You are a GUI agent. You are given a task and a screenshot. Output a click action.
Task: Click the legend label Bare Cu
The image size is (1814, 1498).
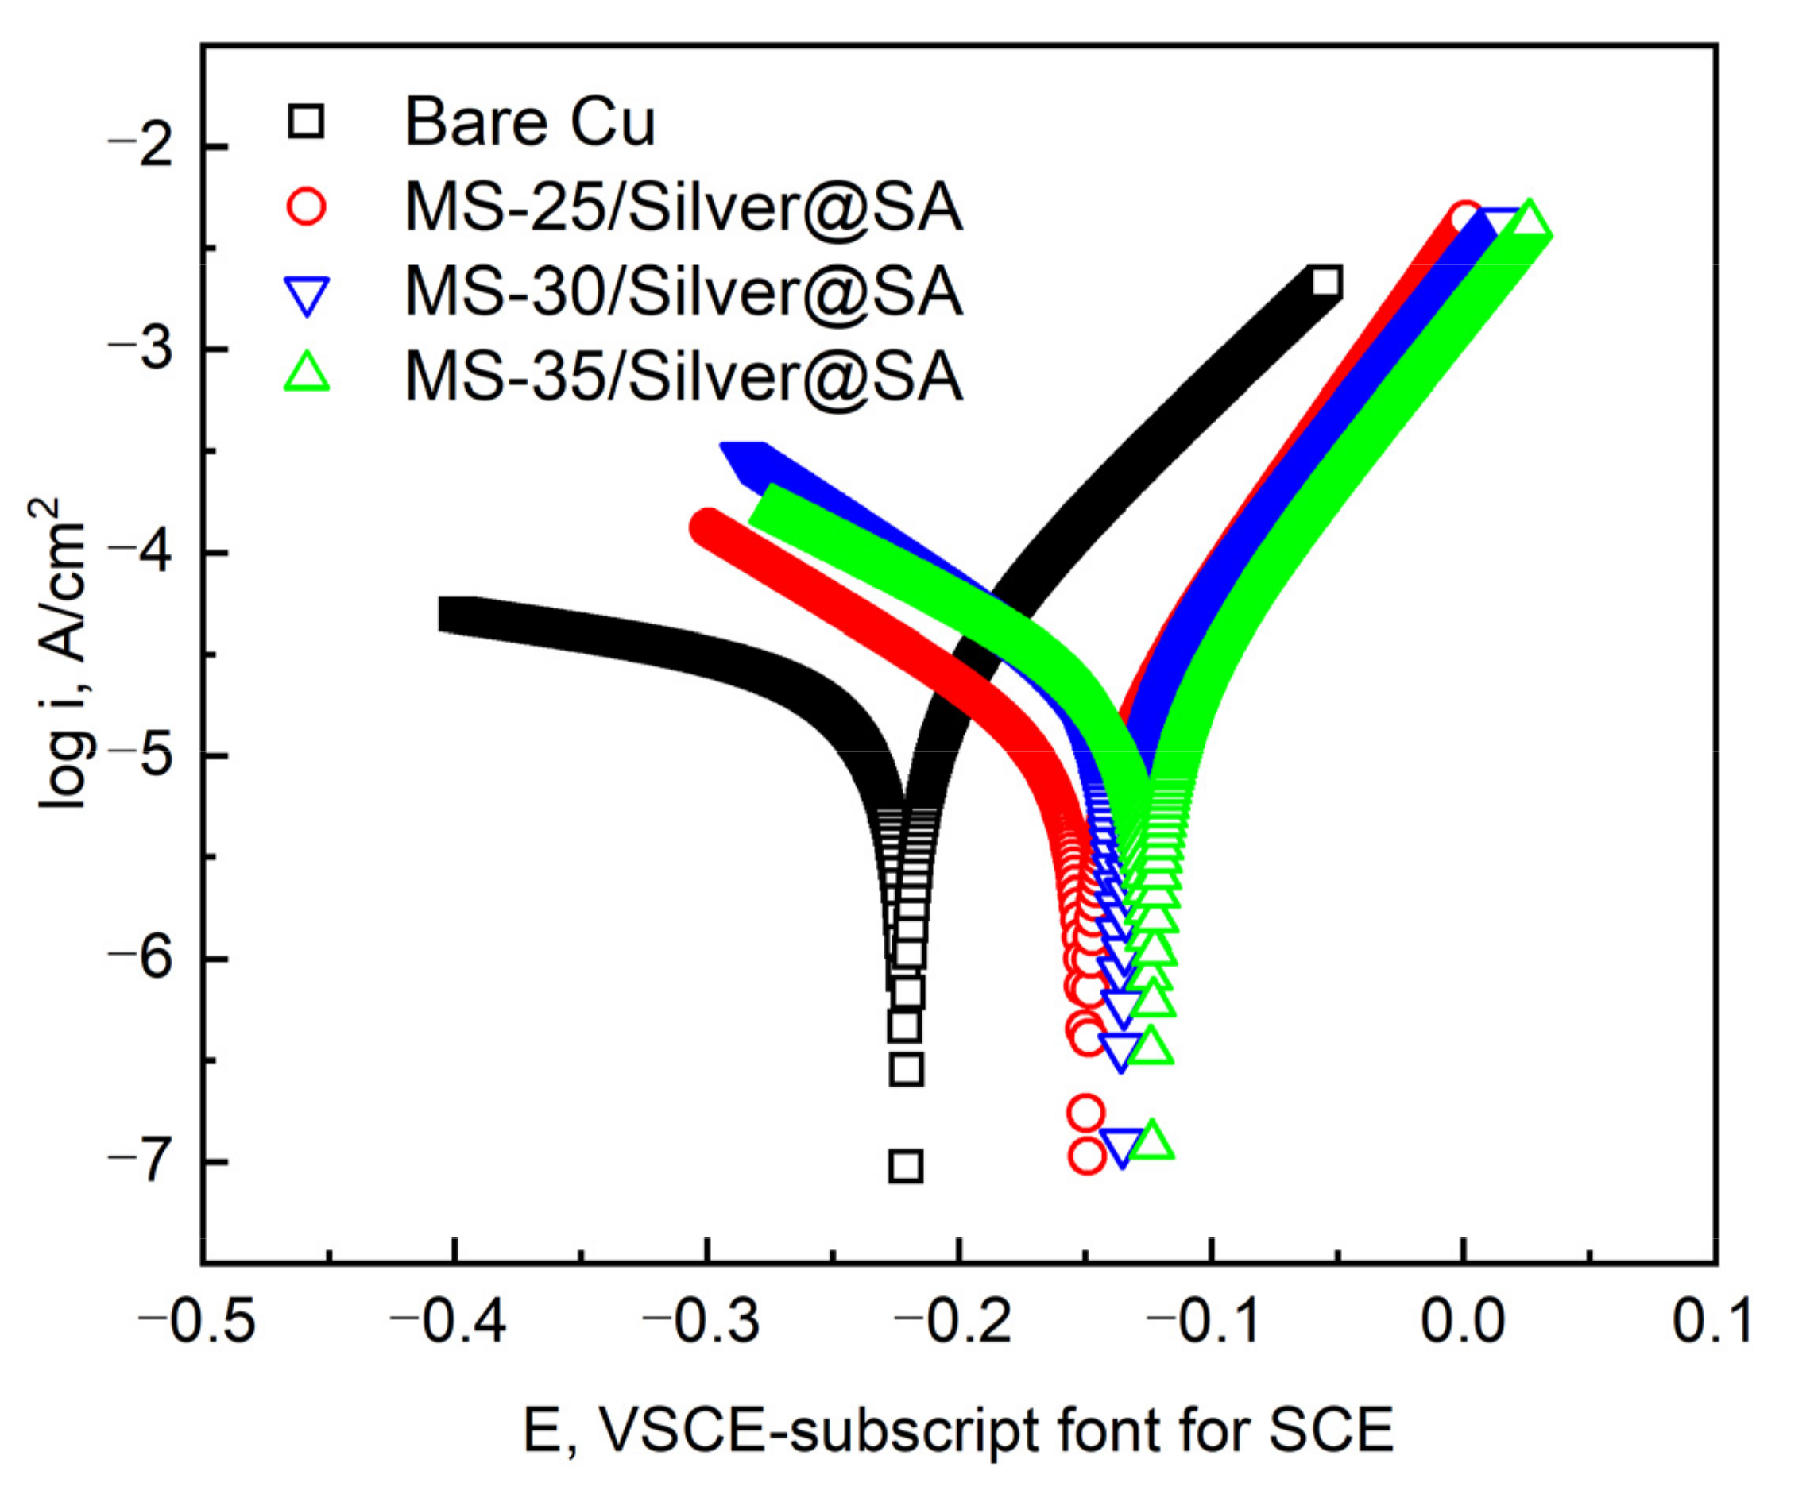529,122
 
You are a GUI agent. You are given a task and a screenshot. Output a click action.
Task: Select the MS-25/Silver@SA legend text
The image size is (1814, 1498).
683,208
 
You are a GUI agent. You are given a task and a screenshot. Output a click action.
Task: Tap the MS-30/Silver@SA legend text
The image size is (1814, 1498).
683,291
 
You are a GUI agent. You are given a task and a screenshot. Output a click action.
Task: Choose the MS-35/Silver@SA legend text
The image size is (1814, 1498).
683,376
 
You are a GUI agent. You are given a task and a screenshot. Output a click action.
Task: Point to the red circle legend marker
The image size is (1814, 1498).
307,207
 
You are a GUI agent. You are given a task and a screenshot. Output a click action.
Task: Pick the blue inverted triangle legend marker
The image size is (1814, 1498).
307,294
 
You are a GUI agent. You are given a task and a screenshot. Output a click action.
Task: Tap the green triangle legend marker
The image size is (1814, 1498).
307,373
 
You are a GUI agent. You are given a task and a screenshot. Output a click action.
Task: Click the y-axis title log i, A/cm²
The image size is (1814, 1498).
60,653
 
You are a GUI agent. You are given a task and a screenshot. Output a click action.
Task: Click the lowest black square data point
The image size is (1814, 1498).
905,1166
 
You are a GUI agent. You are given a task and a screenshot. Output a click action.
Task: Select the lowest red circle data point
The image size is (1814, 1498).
1086,1156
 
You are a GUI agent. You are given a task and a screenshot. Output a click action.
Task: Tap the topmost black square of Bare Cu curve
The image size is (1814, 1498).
1325,282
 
